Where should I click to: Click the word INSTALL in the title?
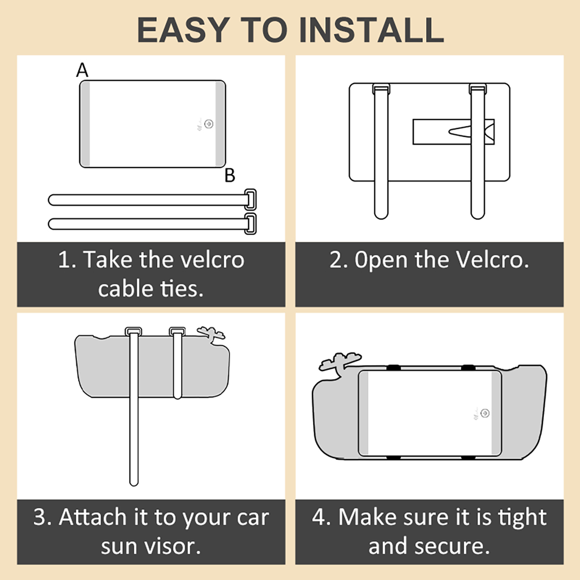371,30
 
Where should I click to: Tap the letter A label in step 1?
82,70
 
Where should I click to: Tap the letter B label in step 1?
230,175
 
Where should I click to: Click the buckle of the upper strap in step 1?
250,199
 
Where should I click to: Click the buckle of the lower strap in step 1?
250,224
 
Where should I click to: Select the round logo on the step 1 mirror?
209,124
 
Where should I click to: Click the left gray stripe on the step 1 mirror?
85,124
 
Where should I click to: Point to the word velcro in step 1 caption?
213,259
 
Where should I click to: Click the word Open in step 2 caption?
381,259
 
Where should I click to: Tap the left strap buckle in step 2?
381,89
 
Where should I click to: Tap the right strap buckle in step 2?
478,89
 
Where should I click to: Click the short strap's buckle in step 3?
177,332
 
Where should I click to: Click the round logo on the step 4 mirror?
485,413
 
